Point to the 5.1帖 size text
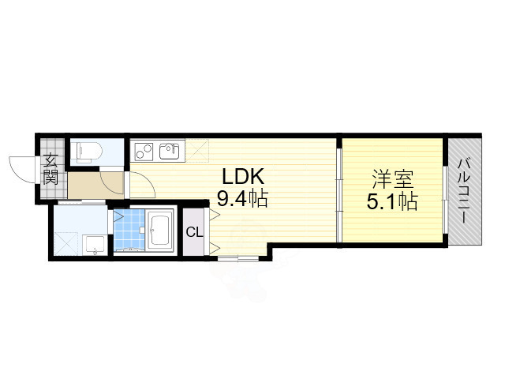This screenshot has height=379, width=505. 391,201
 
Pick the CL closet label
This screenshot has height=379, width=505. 193,232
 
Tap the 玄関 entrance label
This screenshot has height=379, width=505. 50,167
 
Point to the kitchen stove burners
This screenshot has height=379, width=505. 143,149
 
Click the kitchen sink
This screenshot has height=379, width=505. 169,149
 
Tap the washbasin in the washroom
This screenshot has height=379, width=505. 94,246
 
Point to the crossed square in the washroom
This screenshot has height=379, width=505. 65,242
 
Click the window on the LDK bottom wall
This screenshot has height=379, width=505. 237,258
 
